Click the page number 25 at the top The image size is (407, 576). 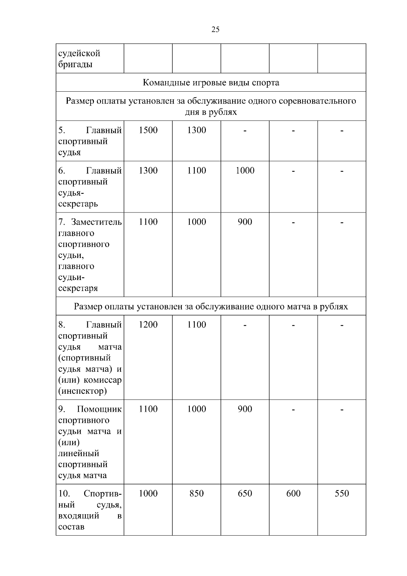click(215, 30)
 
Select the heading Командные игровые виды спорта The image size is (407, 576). click(211, 82)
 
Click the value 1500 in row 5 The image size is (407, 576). click(148, 130)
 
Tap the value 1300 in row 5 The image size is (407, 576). click(197, 130)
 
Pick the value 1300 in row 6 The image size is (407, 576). click(148, 171)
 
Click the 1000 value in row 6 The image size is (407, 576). click(245, 171)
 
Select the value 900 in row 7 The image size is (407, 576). click(245, 222)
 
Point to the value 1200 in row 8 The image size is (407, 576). click(148, 325)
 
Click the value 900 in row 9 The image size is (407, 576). click(245, 409)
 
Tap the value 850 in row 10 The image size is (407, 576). click(197, 494)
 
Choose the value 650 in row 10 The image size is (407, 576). click(245, 494)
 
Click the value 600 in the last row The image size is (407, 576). click(293, 494)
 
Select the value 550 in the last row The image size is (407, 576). click(342, 494)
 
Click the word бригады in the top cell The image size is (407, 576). click(75, 64)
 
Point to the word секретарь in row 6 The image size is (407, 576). click(78, 204)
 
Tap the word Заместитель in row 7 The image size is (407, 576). click(96, 222)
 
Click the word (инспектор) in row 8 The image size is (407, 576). click(82, 391)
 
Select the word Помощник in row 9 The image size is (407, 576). click(99, 409)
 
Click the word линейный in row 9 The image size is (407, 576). click(79, 453)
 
